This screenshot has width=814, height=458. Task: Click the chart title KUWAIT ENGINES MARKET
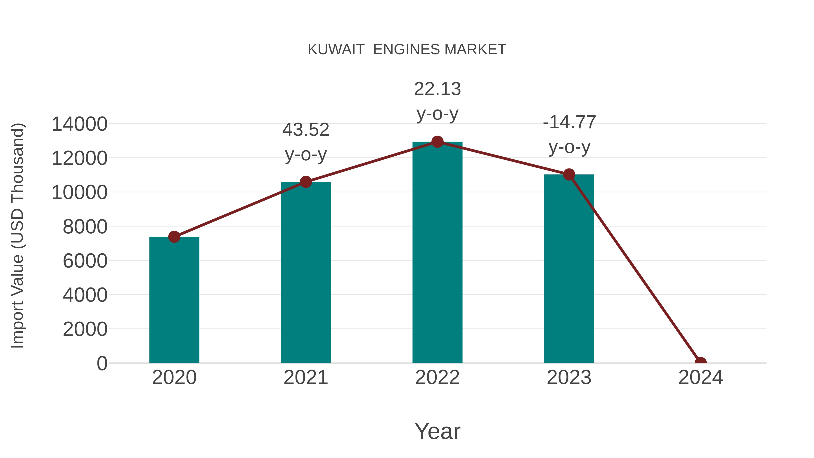[407, 50]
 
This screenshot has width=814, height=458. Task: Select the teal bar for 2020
[174, 300]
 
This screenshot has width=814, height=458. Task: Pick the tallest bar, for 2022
[437, 253]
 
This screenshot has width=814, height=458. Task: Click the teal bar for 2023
[569, 269]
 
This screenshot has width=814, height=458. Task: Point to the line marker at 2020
[174, 237]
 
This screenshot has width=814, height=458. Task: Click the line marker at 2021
[305, 182]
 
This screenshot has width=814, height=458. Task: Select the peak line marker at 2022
[437, 142]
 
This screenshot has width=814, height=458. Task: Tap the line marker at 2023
[569, 174]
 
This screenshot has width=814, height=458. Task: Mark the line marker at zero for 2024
[700, 362]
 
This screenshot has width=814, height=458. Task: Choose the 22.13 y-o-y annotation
[437, 101]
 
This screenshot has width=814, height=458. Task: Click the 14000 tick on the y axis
[79, 124]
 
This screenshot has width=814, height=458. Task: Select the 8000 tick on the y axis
[85, 227]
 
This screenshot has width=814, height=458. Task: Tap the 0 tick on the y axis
[102, 363]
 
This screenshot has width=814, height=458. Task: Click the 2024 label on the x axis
[700, 377]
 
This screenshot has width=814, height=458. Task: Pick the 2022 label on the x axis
[437, 377]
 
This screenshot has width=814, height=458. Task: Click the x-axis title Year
[437, 431]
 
